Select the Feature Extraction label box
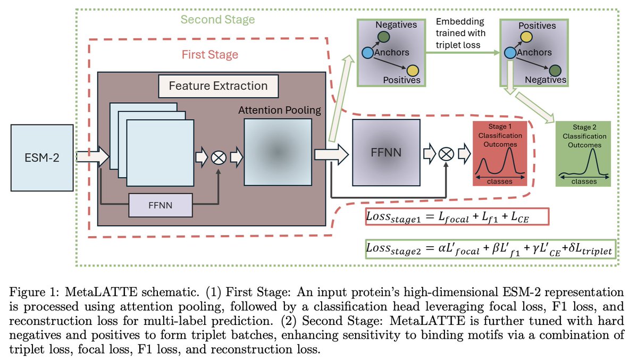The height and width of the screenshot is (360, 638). [218, 86]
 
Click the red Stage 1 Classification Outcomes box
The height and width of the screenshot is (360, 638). [499, 153]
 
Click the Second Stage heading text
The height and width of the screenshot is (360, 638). [217, 20]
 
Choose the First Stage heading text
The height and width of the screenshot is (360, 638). [210, 55]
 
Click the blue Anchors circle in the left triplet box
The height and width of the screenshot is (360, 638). [366, 53]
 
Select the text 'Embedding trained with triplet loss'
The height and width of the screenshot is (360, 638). [460, 34]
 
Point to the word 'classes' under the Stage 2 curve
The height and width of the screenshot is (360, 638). [583, 181]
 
